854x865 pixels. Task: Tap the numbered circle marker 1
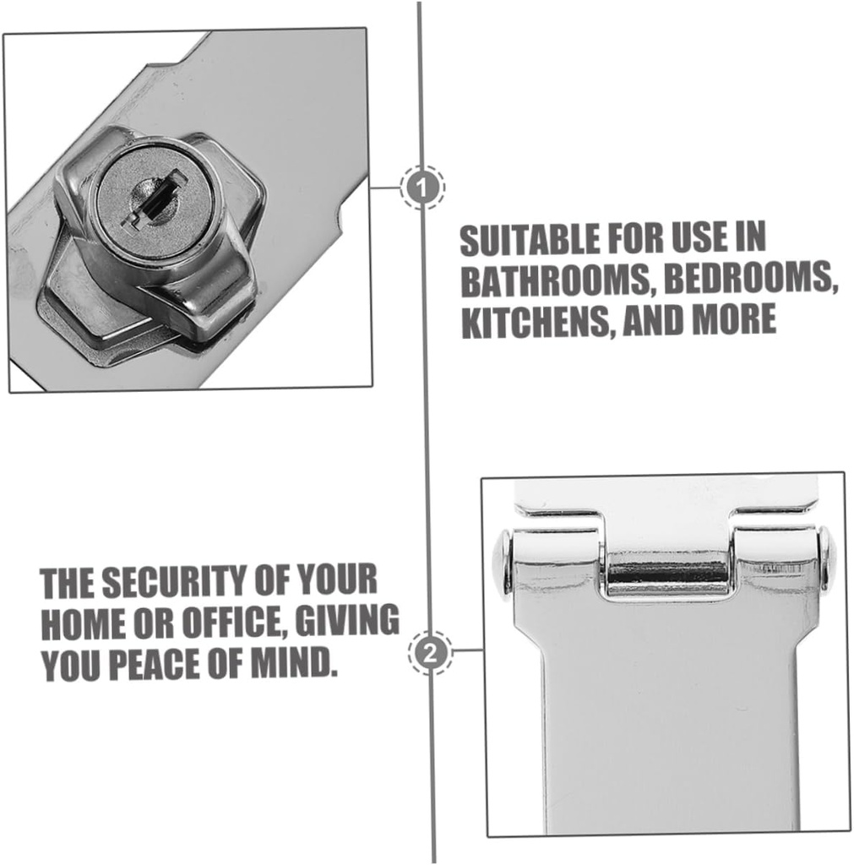pyautogui.click(x=422, y=187)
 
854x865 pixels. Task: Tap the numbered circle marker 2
pyautogui.click(x=431, y=653)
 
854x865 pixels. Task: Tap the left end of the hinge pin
pyautogui.click(x=504, y=561)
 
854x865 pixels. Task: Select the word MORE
pyautogui.click(x=733, y=320)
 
